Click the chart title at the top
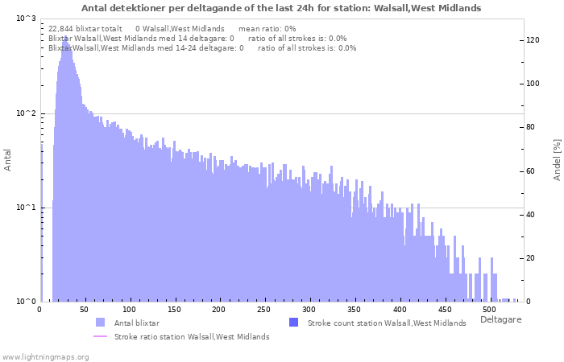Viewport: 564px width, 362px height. click(281, 8)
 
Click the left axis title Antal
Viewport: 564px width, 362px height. click(8, 160)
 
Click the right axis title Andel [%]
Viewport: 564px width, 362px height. click(556, 159)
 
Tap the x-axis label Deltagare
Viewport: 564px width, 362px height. click(500, 320)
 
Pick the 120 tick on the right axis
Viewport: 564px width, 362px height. click(533, 40)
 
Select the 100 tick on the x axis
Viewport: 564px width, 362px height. click(130, 310)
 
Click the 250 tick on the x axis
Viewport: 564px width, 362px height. click(263, 310)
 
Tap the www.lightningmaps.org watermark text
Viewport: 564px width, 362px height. click(44, 356)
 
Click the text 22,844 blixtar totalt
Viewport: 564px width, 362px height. click(85, 28)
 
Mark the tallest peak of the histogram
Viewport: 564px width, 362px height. click(64, 37)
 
